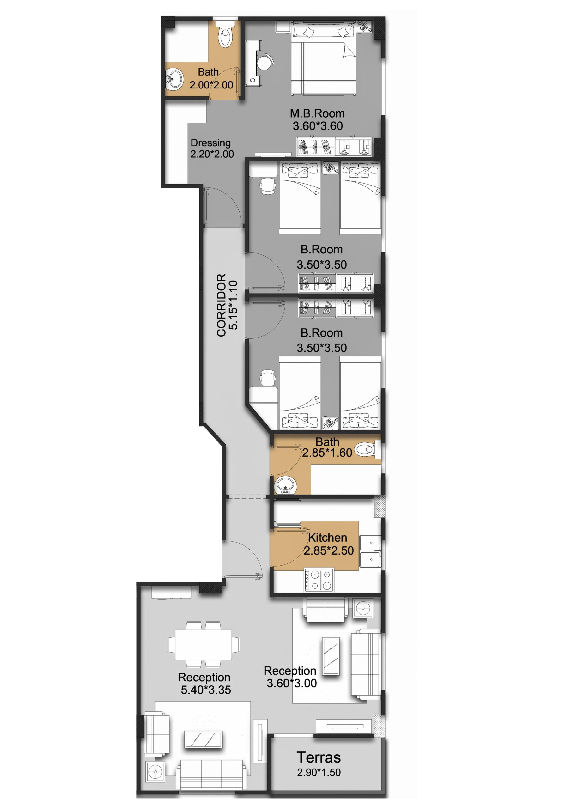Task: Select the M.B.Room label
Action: [317, 113]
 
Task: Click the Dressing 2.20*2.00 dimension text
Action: [212, 154]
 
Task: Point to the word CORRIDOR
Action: [221, 305]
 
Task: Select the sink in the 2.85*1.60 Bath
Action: [285, 485]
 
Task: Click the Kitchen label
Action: [328, 537]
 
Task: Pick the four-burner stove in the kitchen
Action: [319, 580]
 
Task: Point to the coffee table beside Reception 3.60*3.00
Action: [331, 656]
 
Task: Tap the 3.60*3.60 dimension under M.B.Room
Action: [318, 126]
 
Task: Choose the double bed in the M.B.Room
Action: [323, 58]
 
